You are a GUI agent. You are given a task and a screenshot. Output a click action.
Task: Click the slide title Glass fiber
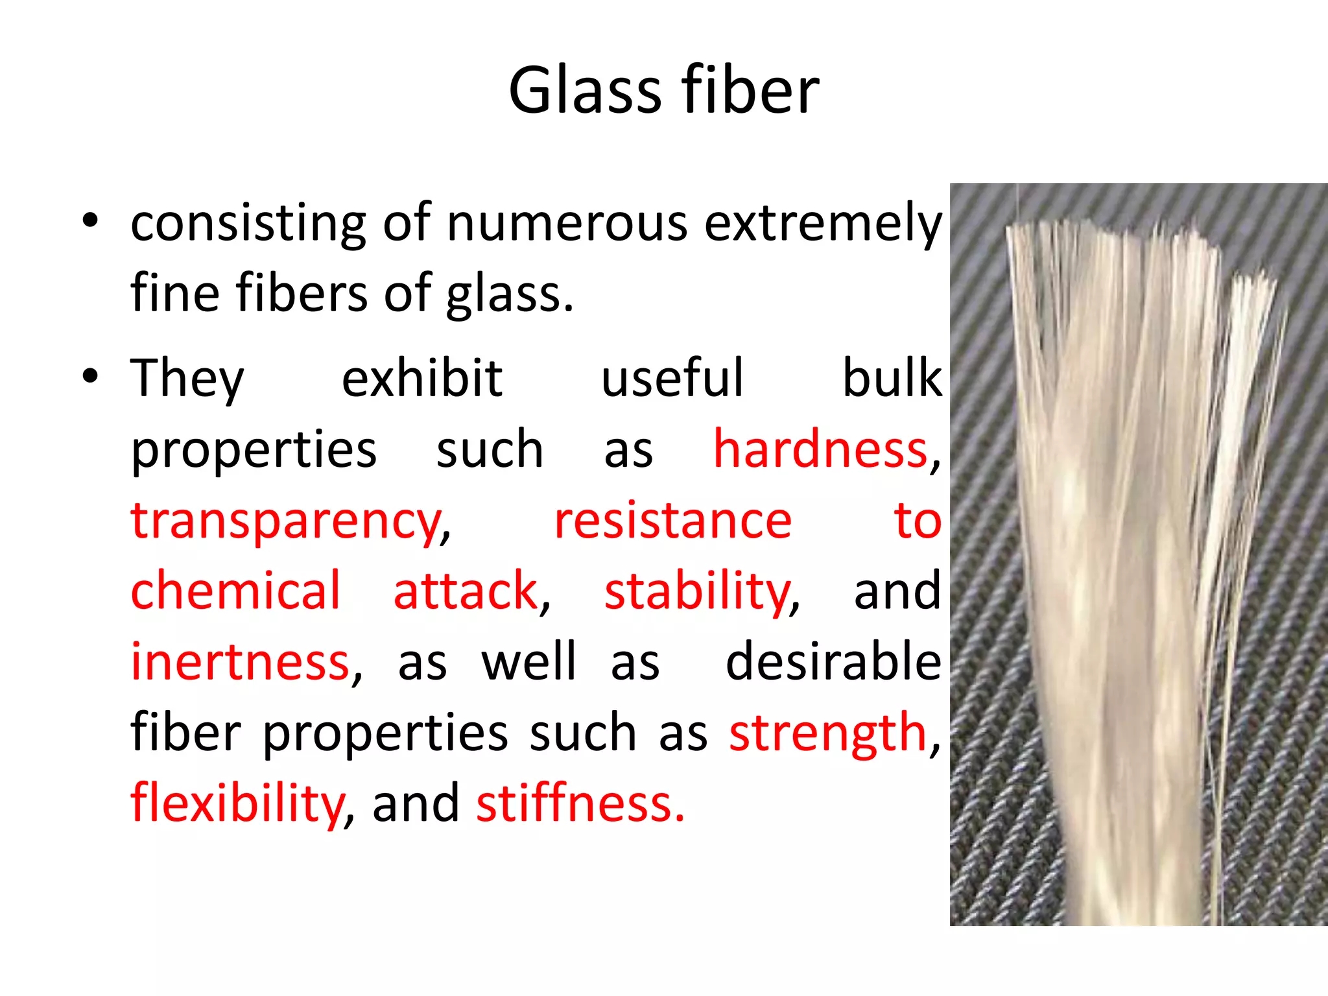[663, 91]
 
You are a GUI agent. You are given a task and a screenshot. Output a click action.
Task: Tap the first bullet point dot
[90, 220]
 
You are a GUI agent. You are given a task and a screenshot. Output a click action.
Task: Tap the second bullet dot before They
[90, 375]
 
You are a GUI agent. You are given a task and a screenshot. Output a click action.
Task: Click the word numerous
[567, 223]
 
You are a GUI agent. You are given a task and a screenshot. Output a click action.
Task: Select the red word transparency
[286, 521]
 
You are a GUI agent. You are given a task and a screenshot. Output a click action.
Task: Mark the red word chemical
[235, 591]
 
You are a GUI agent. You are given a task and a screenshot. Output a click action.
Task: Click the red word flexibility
[237, 804]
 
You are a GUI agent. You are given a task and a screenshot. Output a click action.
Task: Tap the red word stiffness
[580, 804]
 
